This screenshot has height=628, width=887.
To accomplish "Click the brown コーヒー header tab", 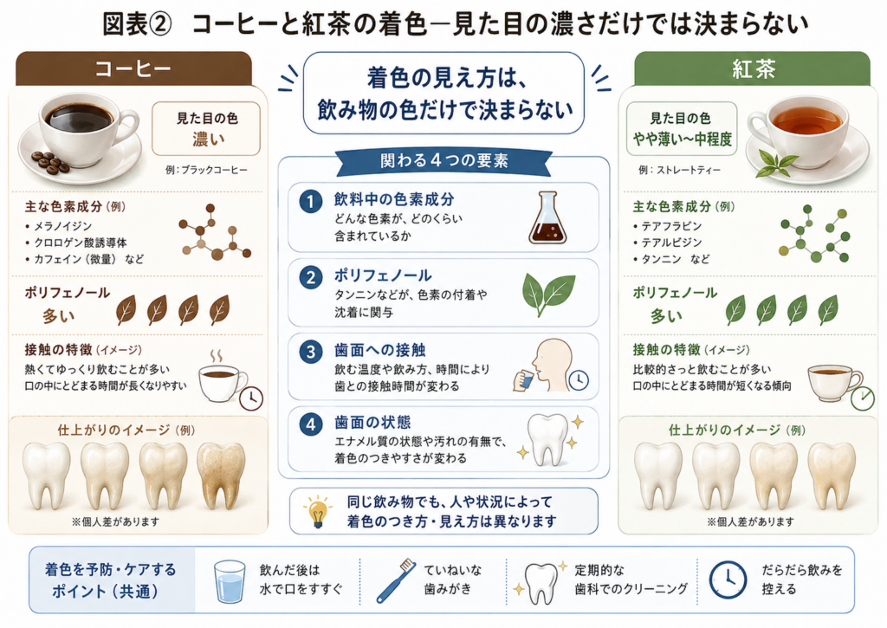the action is click(x=133, y=68).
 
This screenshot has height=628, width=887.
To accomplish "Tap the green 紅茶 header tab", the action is click(x=753, y=68).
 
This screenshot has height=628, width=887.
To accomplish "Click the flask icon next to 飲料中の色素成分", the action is click(x=547, y=217).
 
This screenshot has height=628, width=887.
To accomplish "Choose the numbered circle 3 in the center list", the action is click(x=311, y=352).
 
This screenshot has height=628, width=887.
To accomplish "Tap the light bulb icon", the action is click(x=317, y=511).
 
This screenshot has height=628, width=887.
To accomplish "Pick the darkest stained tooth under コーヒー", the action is click(x=221, y=476).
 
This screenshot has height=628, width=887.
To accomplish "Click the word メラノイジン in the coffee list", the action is click(x=62, y=226).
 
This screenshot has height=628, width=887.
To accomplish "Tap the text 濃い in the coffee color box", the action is click(x=208, y=139).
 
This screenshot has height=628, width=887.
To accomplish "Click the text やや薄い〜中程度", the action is click(x=682, y=139).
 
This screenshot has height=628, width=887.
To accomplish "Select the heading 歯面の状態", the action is click(x=372, y=422).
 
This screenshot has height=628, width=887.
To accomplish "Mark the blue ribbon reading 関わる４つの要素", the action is click(x=444, y=161).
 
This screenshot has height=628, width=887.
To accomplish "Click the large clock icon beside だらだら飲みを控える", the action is click(x=728, y=579).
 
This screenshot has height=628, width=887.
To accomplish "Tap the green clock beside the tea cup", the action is click(x=863, y=398).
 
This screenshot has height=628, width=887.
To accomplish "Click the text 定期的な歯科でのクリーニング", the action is click(x=631, y=579).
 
